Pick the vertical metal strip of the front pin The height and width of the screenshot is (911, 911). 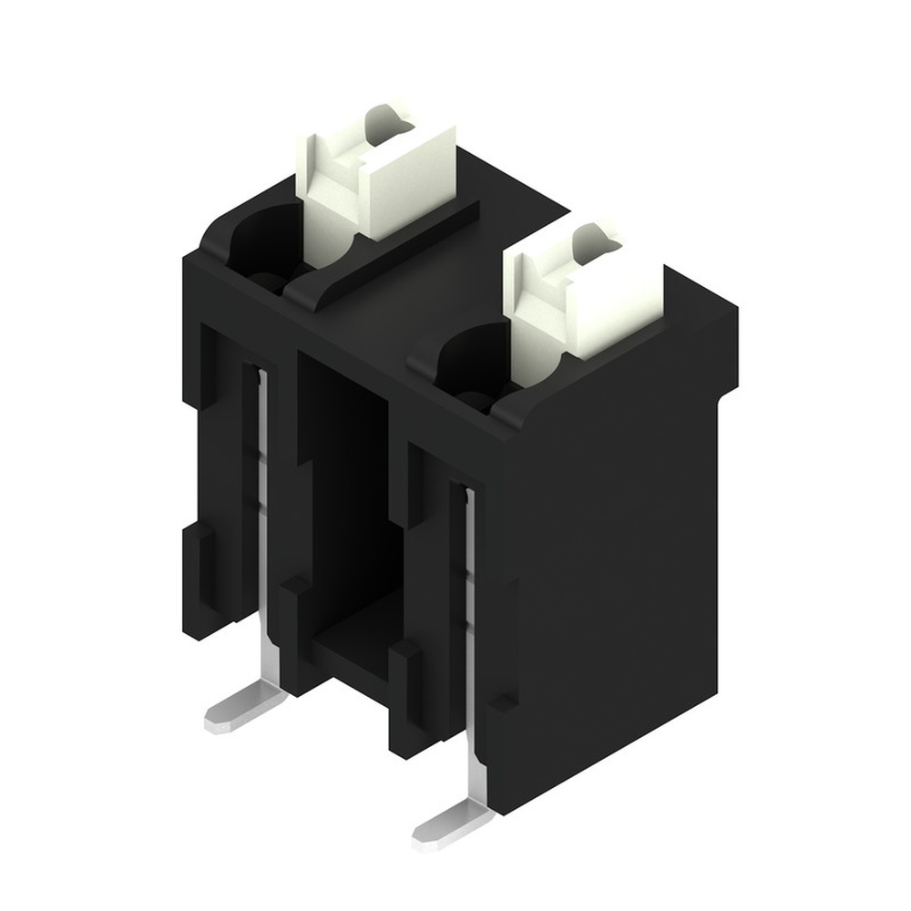471,619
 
